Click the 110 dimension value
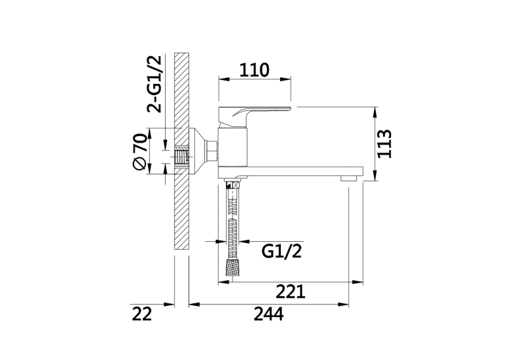tap(254, 70)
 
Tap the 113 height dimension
tap(384, 144)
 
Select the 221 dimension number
tap(291, 292)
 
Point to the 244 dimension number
tap(268, 314)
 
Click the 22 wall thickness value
tap(141, 314)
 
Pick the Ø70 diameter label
tap(140, 151)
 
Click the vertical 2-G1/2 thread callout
tap(154, 84)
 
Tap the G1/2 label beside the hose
tap(281, 251)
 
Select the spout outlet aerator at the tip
tap(349, 178)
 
